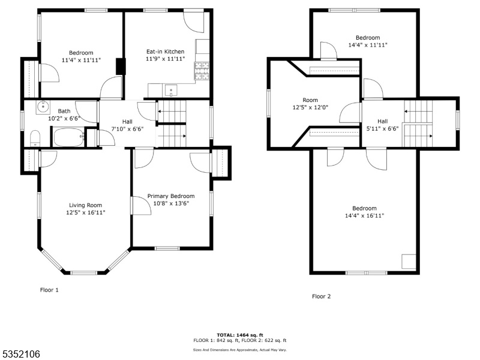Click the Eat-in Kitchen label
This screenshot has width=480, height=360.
[166, 52]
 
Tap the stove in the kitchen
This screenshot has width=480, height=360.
[202, 71]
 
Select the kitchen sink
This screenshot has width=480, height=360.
[171, 91]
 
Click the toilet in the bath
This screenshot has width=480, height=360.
[35, 139]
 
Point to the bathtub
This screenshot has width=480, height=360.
[69, 137]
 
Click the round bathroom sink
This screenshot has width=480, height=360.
[43, 107]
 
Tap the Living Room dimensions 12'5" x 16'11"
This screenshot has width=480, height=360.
[86, 212]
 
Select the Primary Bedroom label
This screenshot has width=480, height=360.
[171, 196]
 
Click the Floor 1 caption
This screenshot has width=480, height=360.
[49, 290]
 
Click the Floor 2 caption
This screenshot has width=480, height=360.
[322, 296]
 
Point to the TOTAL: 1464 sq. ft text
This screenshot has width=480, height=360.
[240, 335]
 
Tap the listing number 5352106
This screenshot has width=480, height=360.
[20, 354]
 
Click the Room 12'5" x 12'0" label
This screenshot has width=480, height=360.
[310, 104]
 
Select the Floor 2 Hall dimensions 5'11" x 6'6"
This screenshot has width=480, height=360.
[383, 128]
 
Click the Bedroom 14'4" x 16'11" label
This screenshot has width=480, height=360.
[364, 212]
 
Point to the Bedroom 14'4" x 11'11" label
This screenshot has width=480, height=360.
[368, 41]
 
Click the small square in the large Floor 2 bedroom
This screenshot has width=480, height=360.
[409, 262]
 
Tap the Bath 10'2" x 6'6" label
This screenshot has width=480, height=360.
[64, 115]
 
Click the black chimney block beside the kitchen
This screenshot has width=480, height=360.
[121, 67]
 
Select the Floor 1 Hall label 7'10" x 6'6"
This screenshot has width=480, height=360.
[127, 125]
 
